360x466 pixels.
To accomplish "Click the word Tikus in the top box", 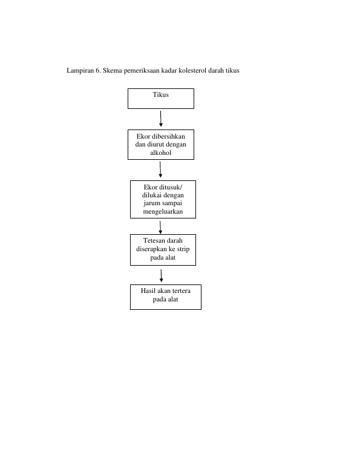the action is [x=161, y=94].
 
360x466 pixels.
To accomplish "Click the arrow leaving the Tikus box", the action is [x=161, y=119].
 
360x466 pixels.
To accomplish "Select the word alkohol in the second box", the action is [x=161, y=153].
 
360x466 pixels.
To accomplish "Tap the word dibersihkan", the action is [x=169, y=136].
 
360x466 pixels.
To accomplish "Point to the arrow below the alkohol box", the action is [x=160, y=169].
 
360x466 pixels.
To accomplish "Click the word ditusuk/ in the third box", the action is [x=171, y=187].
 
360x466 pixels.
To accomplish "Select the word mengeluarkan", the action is [x=163, y=212].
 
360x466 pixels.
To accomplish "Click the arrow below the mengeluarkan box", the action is [x=160, y=228].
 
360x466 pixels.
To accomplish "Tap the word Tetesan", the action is [x=154, y=240].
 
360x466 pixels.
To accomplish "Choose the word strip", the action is [x=183, y=249].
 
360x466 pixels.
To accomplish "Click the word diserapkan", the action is [x=151, y=249].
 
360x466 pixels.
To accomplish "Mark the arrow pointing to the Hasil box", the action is [x=162, y=275].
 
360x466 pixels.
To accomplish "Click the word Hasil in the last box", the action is [x=148, y=290].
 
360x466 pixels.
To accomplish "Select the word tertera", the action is [x=182, y=290].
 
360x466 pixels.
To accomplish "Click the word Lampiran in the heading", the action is [x=80, y=70].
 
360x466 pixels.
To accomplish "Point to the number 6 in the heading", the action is [x=98, y=70].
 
